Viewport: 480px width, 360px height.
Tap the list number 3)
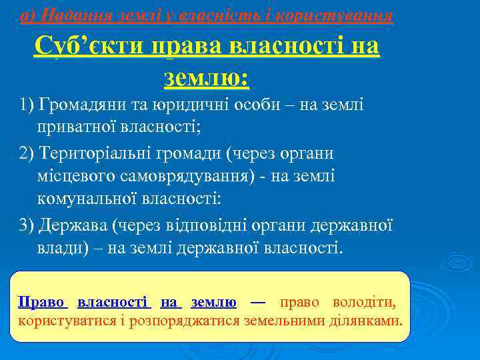27,225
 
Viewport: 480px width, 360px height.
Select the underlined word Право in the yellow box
43,302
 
